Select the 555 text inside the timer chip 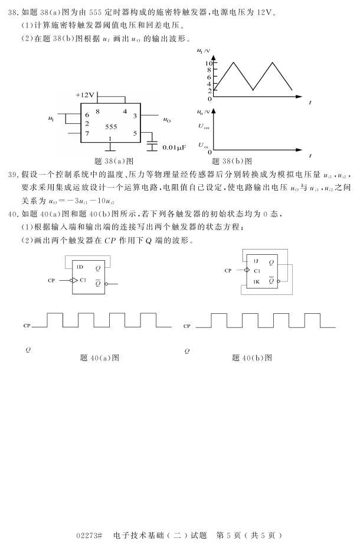(x=111, y=127)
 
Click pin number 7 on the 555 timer (x=87, y=133)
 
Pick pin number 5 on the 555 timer (x=135, y=133)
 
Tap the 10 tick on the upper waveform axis (x=208, y=63)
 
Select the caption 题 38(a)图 (x=114, y=160)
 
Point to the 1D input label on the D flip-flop (x=79, y=267)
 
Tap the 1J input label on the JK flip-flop (x=256, y=260)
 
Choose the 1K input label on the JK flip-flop (x=256, y=281)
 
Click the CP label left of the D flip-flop (x=51, y=280)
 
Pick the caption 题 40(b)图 (x=252, y=357)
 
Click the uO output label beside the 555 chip (x=167, y=120)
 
